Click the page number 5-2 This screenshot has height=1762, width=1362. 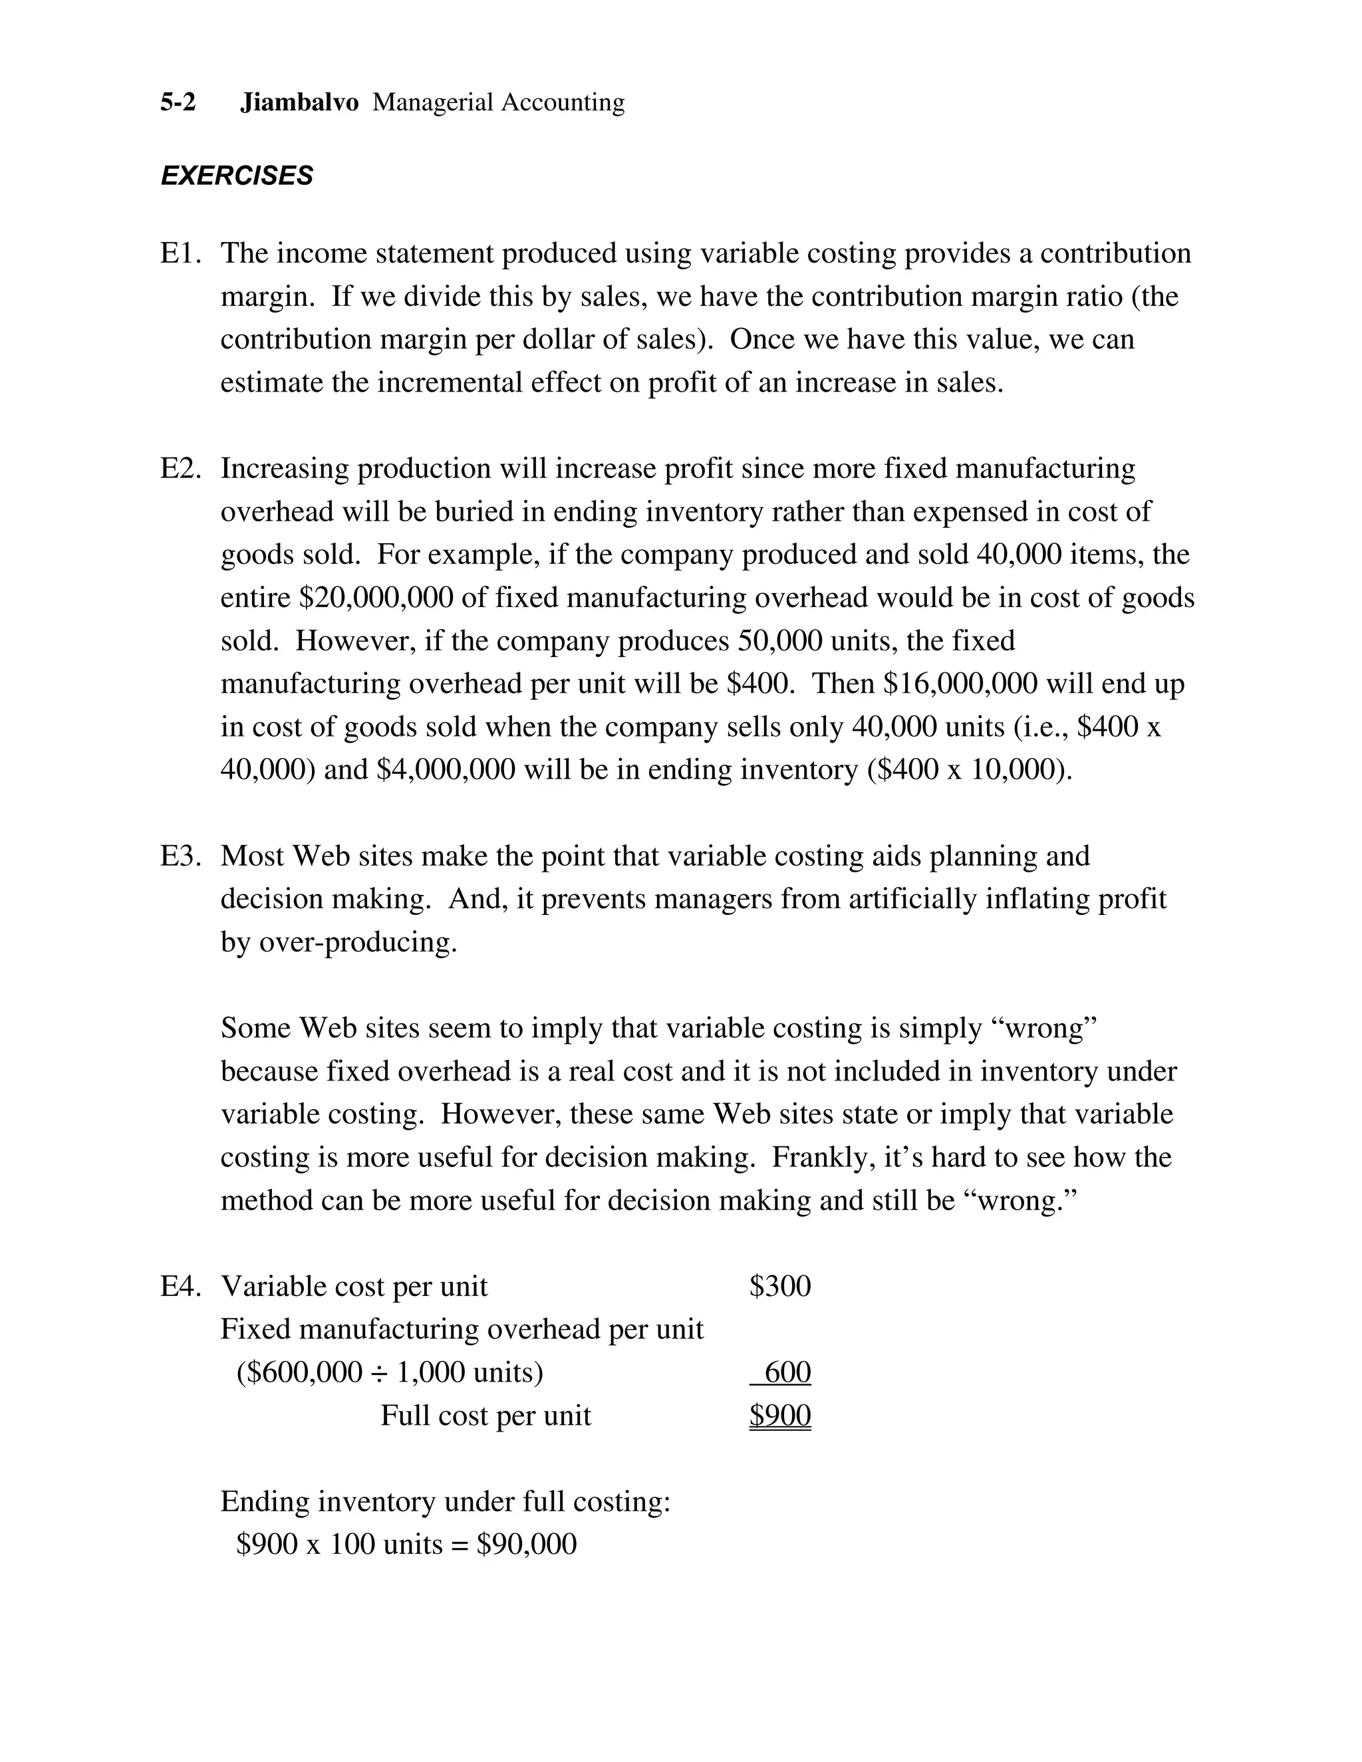click(x=178, y=102)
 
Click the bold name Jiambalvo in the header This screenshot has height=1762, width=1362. click(x=299, y=102)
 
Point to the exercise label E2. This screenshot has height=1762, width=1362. click(x=180, y=469)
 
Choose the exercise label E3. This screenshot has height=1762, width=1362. click(x=180, y=856)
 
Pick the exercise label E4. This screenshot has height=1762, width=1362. click(x=180, y=1286)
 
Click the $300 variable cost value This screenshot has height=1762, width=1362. click(x=779, y=1286)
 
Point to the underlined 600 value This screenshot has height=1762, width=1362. click(x=786, y=1372)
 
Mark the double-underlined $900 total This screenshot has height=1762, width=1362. click(x=779, y=1415)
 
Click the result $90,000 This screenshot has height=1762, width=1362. click(x=526, y=1544)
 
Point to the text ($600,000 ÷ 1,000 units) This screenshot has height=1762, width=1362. click(x=390, y=1372)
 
